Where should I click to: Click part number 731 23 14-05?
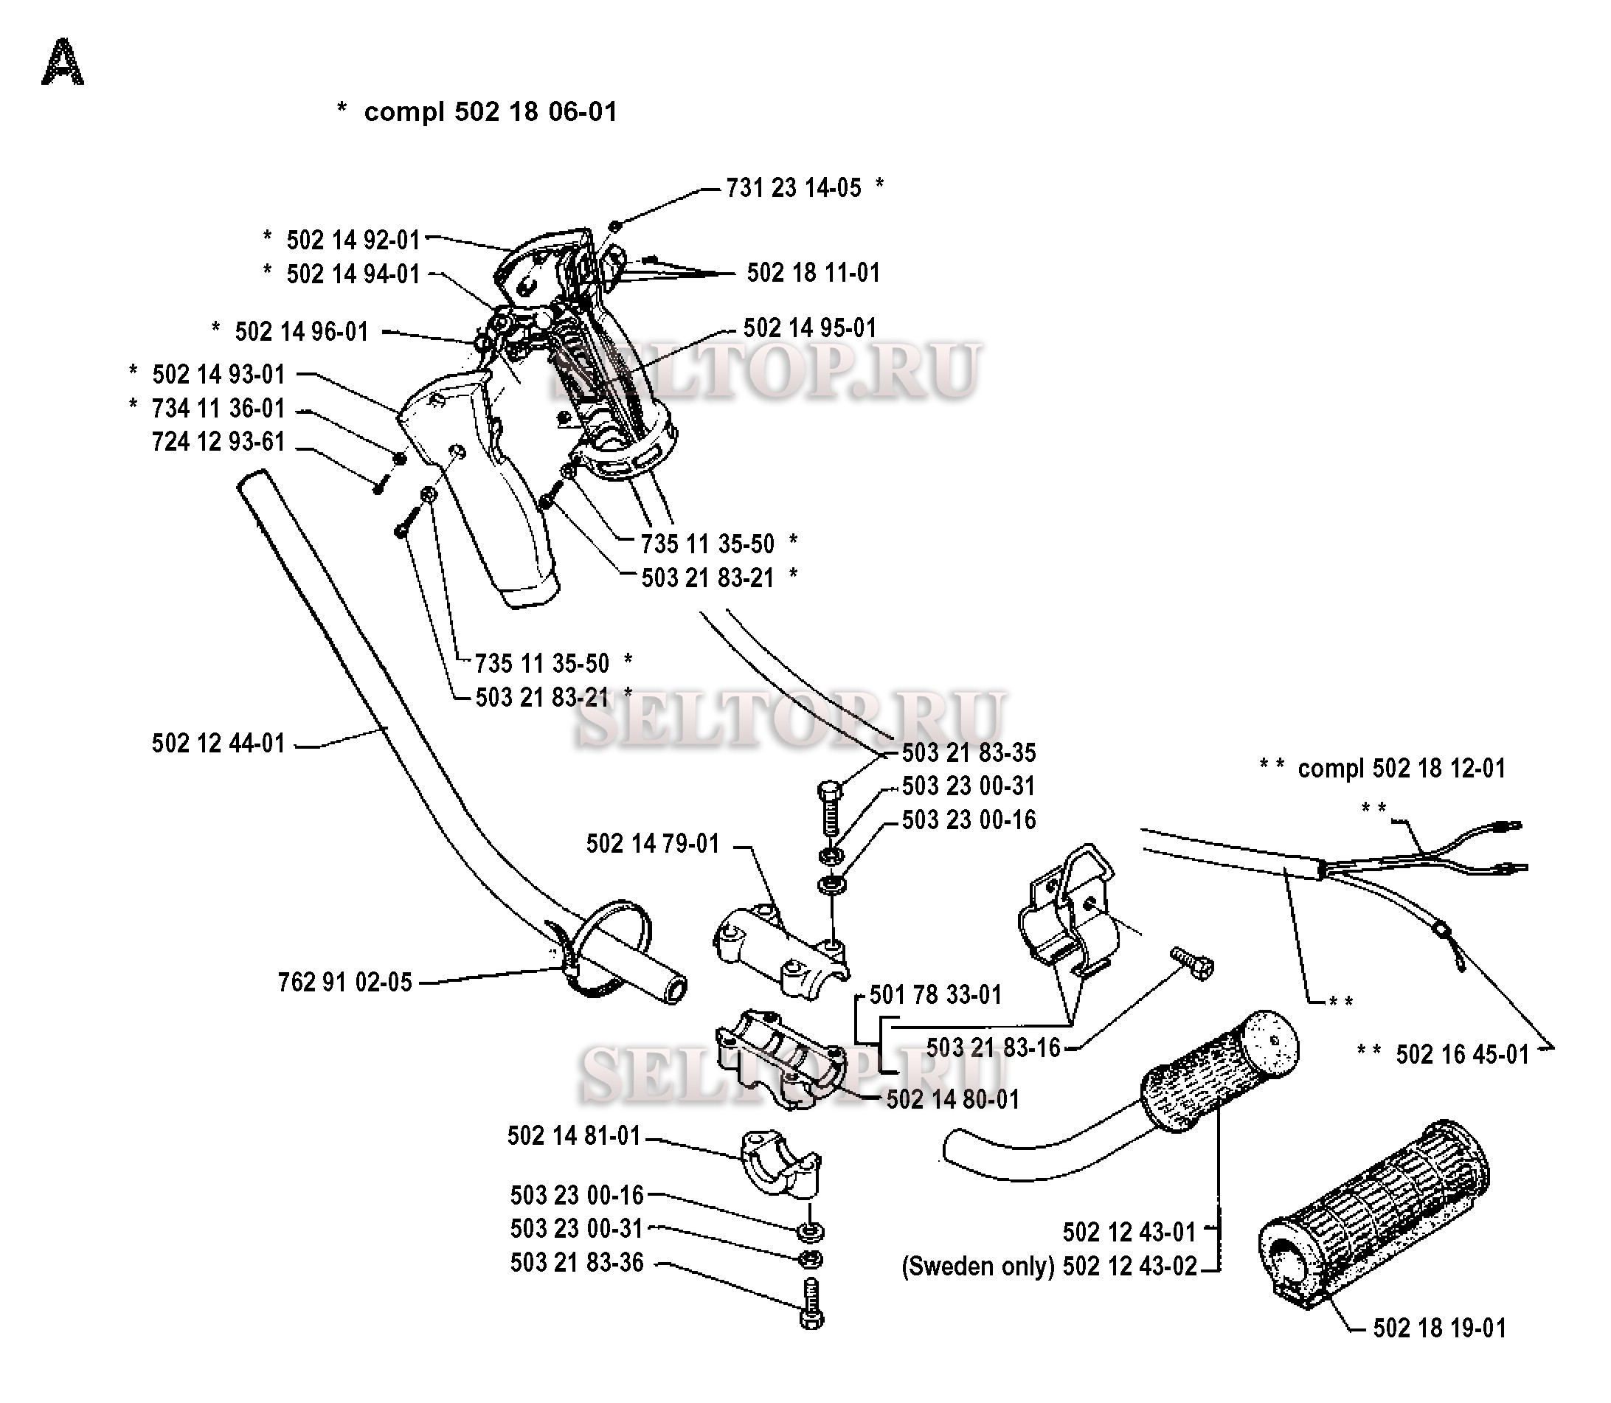point(793,189)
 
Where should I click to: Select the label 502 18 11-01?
point(814,273)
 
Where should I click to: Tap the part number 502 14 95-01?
point(809,328)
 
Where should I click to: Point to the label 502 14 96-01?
point(302,332)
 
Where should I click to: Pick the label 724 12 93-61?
point(218,443)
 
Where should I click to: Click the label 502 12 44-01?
point(218,743)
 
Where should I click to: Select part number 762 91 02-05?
point(344,983)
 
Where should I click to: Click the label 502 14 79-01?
point(652,844)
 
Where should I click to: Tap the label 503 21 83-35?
point(969,753)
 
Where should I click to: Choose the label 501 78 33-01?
point(935,995)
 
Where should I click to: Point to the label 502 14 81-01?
point(574,1136)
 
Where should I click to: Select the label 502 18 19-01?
point(1440,1328)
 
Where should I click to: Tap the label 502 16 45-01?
point(1462,1055)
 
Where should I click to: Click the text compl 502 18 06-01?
point(490,112)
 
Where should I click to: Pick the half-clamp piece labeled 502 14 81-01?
point(780,1163)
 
